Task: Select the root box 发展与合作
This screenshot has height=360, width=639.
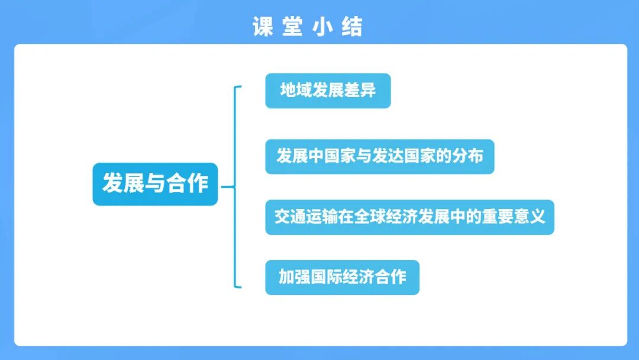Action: [155, 184]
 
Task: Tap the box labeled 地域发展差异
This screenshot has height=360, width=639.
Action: [328, 91]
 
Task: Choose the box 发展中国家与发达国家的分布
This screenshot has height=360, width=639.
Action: [379, 156]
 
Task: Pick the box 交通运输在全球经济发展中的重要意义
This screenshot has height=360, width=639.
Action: [409, 217]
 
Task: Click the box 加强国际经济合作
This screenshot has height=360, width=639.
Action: [342, 277]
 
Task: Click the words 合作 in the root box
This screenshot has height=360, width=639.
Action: [188, 184]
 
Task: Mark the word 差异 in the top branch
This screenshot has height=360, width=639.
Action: [360, 91]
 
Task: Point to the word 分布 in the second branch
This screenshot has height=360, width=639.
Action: [467, 156]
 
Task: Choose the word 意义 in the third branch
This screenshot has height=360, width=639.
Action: [529, 217]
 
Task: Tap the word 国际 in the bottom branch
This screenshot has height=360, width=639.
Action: [326, 277]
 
